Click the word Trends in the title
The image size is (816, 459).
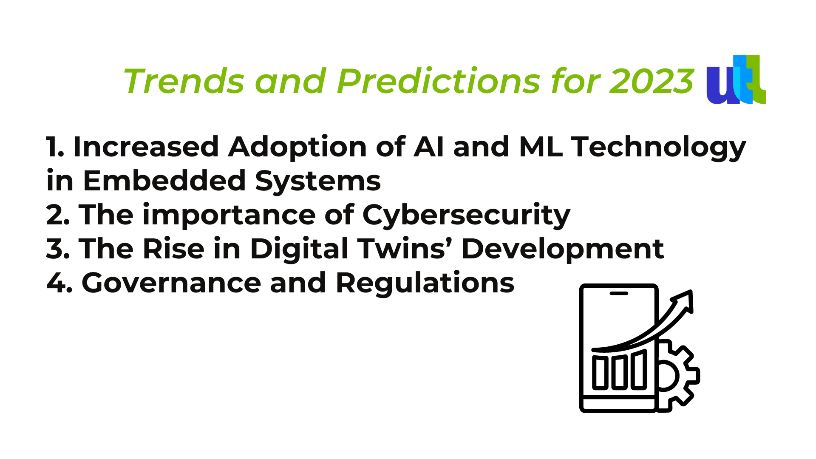184,81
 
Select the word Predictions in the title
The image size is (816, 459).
439,81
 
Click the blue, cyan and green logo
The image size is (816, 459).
736,79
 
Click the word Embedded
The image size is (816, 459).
164,180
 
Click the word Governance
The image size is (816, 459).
171,283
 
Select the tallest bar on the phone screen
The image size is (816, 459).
639,370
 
